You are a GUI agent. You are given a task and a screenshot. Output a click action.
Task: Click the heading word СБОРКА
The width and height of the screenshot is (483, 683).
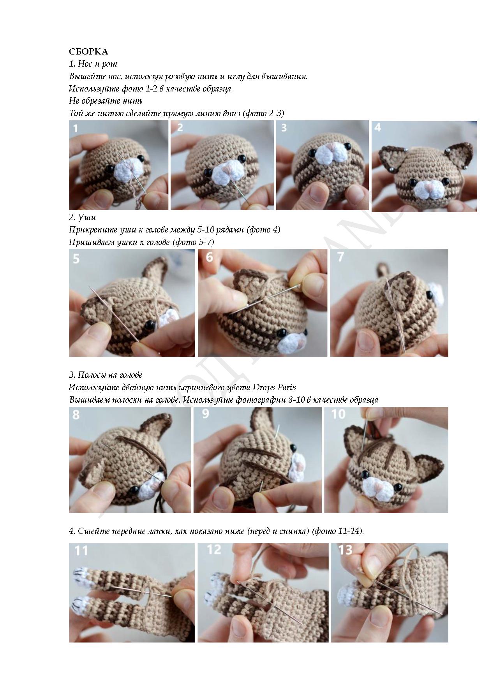[x=88, y=51]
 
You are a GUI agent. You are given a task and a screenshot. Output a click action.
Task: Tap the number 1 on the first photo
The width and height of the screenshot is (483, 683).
[x=75, y=128]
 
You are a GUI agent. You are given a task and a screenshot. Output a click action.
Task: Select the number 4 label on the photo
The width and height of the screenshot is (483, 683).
[x=377, y=127]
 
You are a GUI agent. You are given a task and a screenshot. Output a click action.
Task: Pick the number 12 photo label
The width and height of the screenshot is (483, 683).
[x=214, y=549]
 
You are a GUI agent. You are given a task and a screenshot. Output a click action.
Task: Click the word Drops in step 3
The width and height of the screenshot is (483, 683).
[x=264, y=387]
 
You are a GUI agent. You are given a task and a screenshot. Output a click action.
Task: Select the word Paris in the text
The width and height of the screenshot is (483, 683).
[x=287, y=387]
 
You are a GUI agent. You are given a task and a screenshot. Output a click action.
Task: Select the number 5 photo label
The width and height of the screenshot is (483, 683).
[x=76, y=258]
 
